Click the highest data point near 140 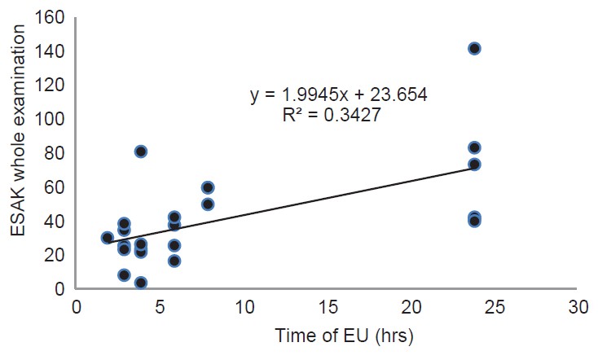474,49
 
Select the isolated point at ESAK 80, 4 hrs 141,151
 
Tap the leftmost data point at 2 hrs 108,238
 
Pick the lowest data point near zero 141,283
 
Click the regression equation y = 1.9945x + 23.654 339,95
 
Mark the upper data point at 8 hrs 208,187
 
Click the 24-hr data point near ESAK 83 474,147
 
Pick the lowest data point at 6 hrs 174,261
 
